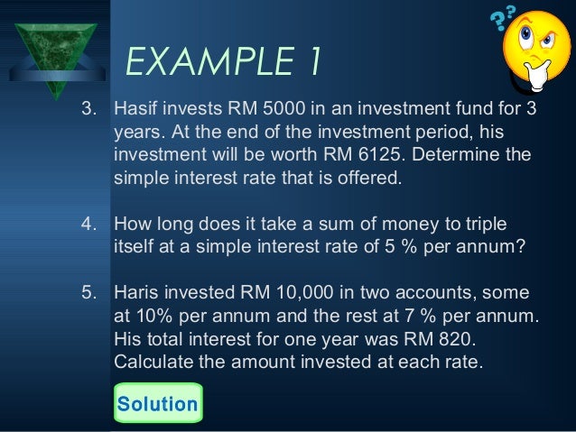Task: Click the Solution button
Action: click(x=158, y=403)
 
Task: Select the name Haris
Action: click(x=136, y=294)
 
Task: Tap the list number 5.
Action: click(x=88, y=294)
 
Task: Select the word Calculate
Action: click(x=154, y=363)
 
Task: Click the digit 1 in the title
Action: click(x=311, y=63)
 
